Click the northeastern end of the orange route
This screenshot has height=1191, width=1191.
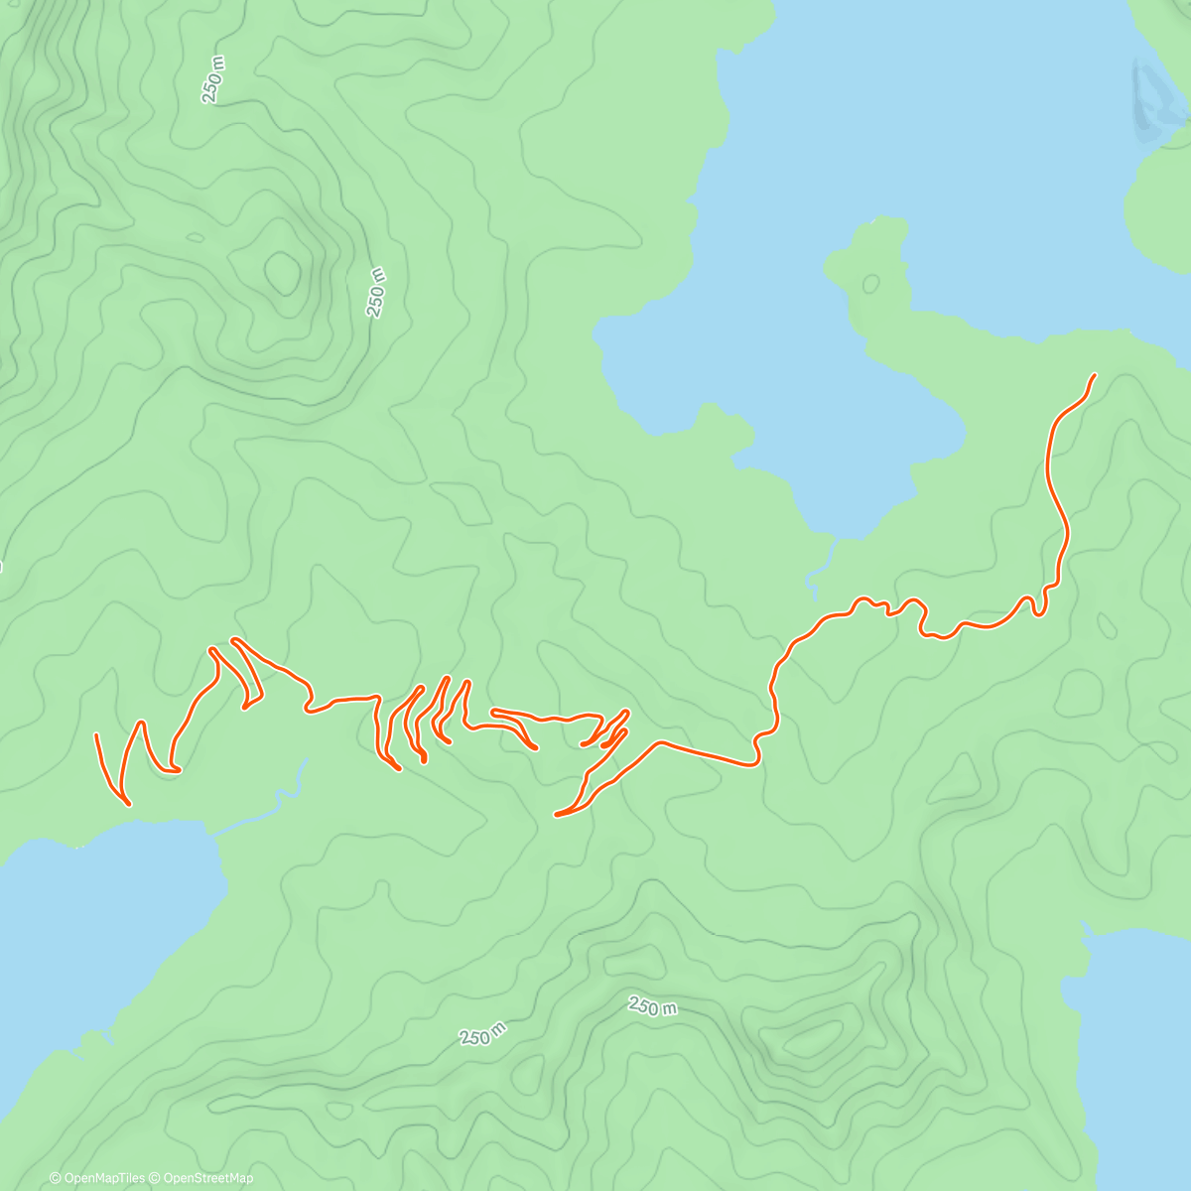(x=1095, y=375)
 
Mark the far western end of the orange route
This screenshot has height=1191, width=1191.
(x=96, y=735)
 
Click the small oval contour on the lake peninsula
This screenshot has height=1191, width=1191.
(x=870, y=284)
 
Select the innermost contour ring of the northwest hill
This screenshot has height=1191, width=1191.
(x=282, y=270)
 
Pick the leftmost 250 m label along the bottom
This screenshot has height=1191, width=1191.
(x=483, y=1033)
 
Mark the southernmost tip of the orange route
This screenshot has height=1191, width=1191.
(x=557, y=815)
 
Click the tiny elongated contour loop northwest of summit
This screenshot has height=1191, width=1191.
(x=195, y=238)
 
